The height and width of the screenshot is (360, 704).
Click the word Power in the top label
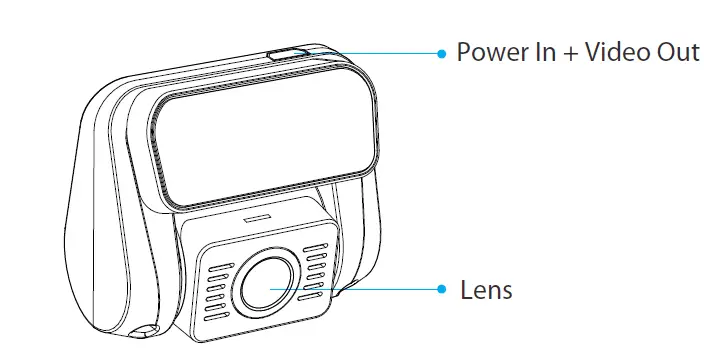coord(487,52)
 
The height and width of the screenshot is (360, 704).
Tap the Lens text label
coord(486,291)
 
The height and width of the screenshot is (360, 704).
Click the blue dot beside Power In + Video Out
coord(441,53)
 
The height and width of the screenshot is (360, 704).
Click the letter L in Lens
coord(466,291)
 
